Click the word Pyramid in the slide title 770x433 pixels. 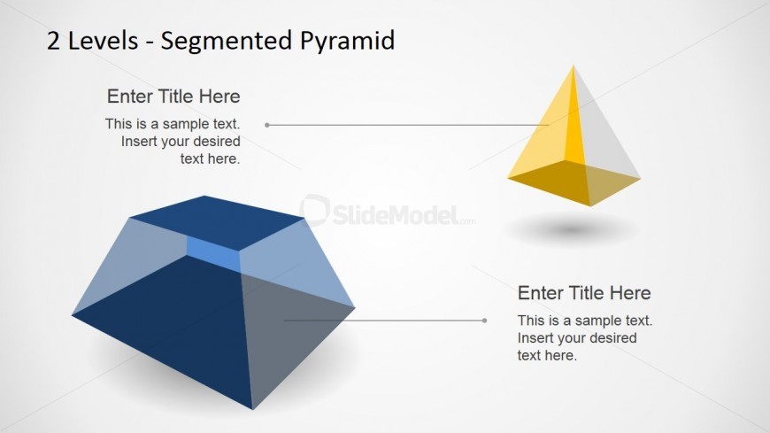point(347,42)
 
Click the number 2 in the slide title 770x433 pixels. point(53,41)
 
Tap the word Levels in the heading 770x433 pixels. point(104,41)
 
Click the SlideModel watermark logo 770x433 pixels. point(388,213)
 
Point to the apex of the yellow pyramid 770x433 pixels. point(574,65)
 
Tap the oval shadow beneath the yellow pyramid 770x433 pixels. point(571,229)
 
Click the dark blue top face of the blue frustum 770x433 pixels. point(217,222)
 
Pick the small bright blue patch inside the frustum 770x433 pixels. point(213,253)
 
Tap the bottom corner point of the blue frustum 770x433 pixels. point(253,409)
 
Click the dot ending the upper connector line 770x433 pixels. point(267,125)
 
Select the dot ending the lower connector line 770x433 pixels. point(485,321)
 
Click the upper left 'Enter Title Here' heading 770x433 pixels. point(173,97)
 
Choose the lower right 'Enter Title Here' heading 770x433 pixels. point(584,293)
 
